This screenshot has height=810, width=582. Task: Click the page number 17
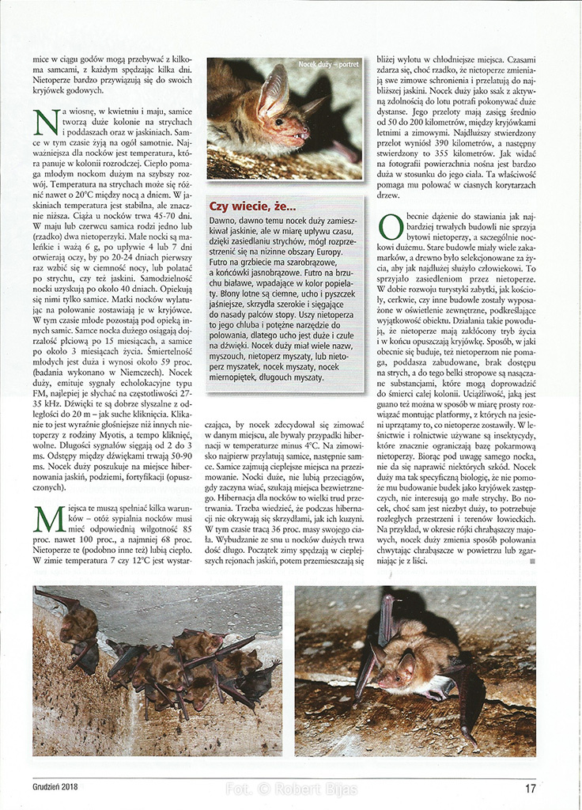point(530,787)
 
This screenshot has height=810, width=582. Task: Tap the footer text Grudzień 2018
point(61,787)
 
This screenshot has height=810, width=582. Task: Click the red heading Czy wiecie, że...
point(252,207)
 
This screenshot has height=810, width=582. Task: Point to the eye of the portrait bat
point(279,122)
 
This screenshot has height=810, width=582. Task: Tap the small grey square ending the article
point(532,561)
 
